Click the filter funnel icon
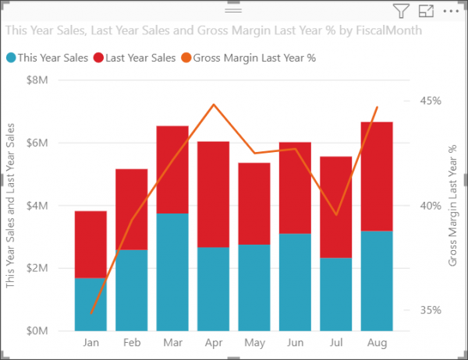[401, 11]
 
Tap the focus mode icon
[426, 11]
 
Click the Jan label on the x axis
[90, 343]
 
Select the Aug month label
[376, 343]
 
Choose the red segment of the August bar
[376, 176]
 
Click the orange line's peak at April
[214, 104]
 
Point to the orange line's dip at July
[336, 214]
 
